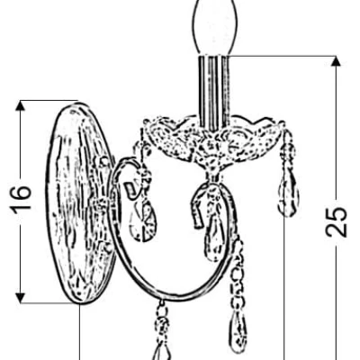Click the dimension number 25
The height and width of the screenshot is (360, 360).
coord(337,222)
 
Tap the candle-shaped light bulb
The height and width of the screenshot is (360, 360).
coord(214,26)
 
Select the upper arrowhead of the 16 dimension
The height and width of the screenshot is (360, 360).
coord(20,106)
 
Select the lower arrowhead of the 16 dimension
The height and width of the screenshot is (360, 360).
coord(20,297)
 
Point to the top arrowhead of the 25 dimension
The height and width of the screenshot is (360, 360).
coord(337,61)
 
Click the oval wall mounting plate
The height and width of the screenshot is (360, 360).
coord(78,203)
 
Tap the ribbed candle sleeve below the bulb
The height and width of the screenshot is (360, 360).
coord(214,93)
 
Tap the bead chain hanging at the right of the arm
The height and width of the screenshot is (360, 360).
coord(238,270)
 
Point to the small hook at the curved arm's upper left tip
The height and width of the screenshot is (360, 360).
coord(130,192)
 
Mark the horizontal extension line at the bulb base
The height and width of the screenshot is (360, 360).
coord(281,56)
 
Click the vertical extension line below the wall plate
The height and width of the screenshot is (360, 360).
coord(80,332)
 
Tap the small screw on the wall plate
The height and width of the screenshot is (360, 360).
coord(104,162)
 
